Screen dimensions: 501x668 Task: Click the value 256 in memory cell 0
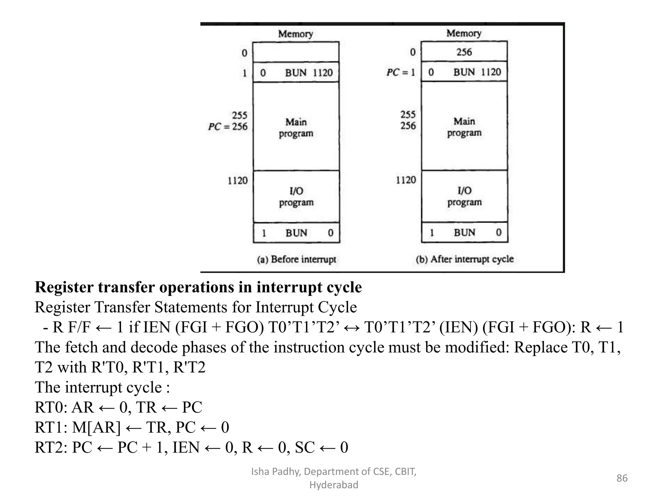coord(464,52)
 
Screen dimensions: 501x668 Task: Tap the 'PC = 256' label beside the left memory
coord(228,126)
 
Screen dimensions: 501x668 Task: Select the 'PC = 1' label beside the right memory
coord(401,72)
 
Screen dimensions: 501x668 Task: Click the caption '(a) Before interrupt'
coord(296,259)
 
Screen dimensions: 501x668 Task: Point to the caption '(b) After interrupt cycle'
coord(464,259)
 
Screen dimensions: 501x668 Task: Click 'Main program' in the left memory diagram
coord(296,128)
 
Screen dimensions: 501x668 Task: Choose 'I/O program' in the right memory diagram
coord(464,196)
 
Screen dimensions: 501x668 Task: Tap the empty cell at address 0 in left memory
coord(296,52)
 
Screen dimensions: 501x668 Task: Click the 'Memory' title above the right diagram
coord(464,33)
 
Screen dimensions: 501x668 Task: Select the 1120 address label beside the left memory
coord(237,180)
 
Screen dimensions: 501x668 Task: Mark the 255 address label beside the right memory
coord(408,114)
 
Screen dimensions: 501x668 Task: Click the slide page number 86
coord(622,478)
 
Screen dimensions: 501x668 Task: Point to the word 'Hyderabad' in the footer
coord(334,485)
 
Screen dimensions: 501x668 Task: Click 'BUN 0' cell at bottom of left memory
coord(296,233)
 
